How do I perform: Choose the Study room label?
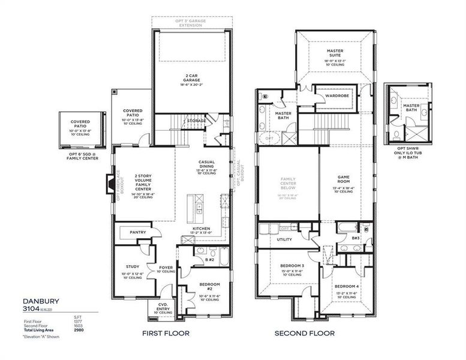tap(133, 266)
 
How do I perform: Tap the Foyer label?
tap(165, 268)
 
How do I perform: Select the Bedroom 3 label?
tap(292, 265)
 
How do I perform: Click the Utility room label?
tap(284, 239)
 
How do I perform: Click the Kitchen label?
tap(200, 229)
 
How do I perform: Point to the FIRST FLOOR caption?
tap(166, 333)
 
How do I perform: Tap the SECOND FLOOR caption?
tap(305, 333)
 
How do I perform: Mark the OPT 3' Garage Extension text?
tap(190, 22)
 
